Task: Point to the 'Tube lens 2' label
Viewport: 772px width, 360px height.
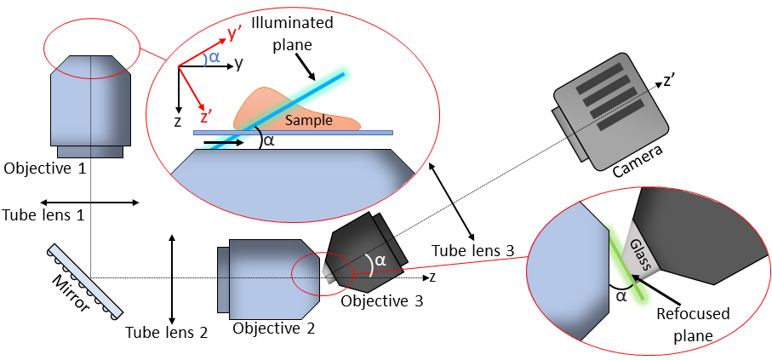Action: click(x=166, y=333)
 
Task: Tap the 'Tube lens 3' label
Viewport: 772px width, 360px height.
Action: click(x=472, y=251)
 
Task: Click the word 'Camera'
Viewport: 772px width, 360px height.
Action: click(x=638, y=161)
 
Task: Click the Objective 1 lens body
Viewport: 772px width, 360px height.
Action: click(x=90, y=102)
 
